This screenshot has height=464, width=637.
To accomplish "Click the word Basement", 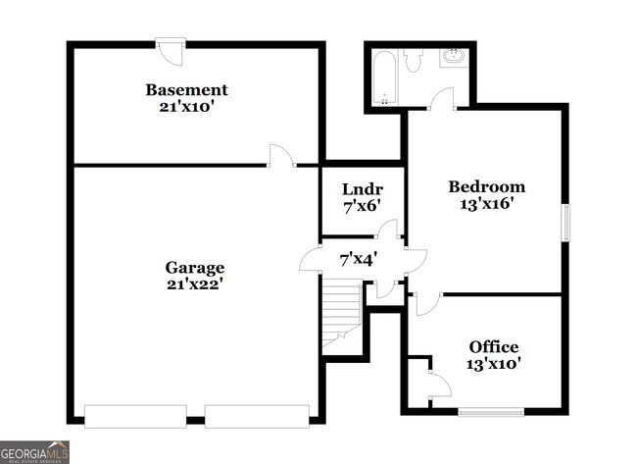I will pos(186,90).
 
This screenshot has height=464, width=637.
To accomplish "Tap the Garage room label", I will pos(195,267).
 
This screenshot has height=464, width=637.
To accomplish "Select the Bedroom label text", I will pos(486,186).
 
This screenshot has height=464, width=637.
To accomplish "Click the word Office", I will pos(493,347).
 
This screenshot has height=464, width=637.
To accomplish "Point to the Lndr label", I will pos(362,189).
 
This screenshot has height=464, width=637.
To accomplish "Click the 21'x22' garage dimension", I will pos(195,284).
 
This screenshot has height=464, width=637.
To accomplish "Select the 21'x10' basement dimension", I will pos(186,107).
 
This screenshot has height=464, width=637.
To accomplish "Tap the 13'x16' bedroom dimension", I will pos(486,204).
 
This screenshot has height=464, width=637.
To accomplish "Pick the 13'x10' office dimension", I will pos(493,364).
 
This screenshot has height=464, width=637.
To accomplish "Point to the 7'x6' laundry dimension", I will pos(361,206).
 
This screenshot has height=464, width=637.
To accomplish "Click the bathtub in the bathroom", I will pos(385,77).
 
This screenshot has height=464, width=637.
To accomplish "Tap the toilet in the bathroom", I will pos(413,62).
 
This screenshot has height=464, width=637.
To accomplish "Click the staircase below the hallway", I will pos(342,312).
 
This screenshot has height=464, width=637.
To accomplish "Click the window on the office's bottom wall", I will pos(490,412).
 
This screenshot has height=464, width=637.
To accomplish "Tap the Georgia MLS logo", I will pos(35,451).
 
